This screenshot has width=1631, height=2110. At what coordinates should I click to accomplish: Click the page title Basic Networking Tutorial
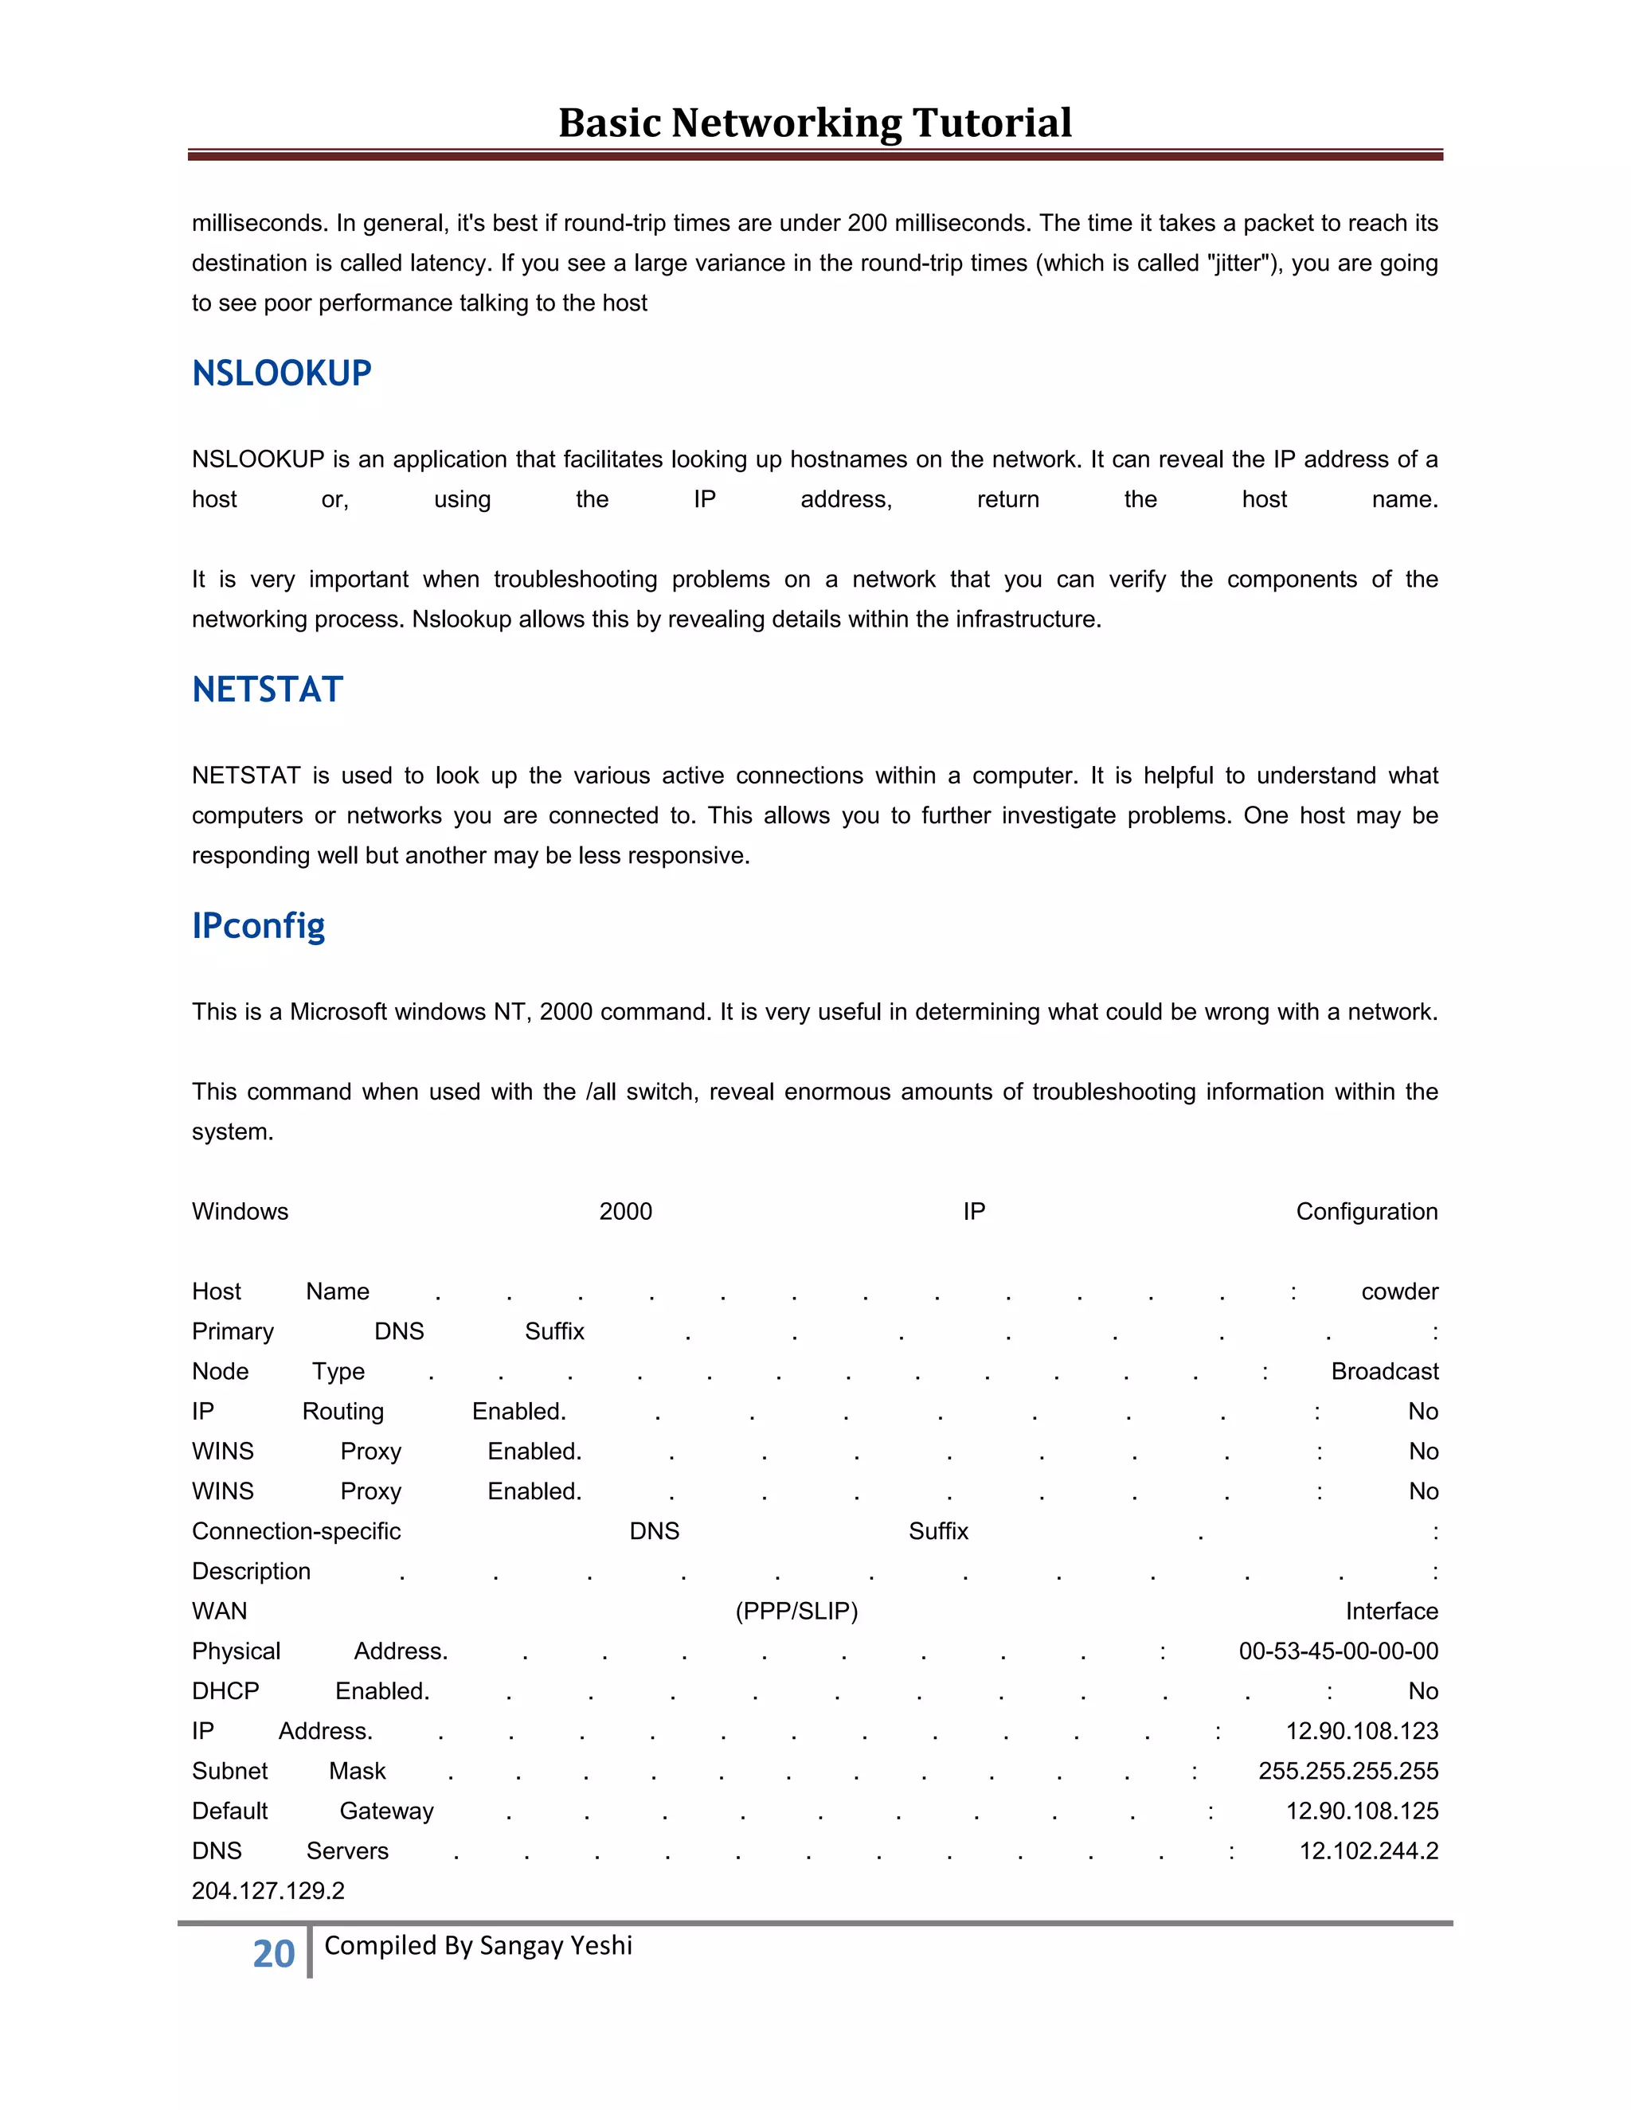click(815, 123)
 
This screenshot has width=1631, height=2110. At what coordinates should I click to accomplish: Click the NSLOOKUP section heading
click(281, 373)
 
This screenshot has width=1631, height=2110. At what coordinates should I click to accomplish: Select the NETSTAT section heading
click(268, 690)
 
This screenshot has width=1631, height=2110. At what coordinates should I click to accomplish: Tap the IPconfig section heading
click(258, 925)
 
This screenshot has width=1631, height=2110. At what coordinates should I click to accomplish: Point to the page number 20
click(273, 1953)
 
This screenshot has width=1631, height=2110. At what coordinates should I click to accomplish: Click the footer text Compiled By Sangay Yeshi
click(479, 1945)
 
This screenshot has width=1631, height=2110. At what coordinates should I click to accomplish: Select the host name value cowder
click(1399, 1291)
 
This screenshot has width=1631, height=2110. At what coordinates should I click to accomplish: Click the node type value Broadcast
click(1383, 1372)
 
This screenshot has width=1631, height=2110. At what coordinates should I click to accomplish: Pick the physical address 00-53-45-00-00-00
click(1338, 1651)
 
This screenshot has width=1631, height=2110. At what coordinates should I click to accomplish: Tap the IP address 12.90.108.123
click(1361, 1731)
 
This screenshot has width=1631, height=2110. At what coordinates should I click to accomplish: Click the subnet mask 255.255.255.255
click(1348, 1771)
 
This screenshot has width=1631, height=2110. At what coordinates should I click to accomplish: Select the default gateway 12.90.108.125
click(1361, 1811)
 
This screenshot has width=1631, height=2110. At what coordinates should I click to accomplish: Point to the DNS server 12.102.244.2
click(1368, 1851)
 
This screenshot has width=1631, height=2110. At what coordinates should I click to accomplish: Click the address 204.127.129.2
click(268, 1891)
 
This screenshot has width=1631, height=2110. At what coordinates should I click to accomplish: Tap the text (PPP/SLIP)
click(796, 1612)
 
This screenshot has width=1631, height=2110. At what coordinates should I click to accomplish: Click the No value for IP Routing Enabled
click(1423, 1412)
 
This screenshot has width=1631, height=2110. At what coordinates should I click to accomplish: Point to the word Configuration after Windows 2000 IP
click(1367, 1212)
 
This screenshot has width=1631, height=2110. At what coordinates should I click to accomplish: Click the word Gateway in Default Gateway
click(386, 1811)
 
